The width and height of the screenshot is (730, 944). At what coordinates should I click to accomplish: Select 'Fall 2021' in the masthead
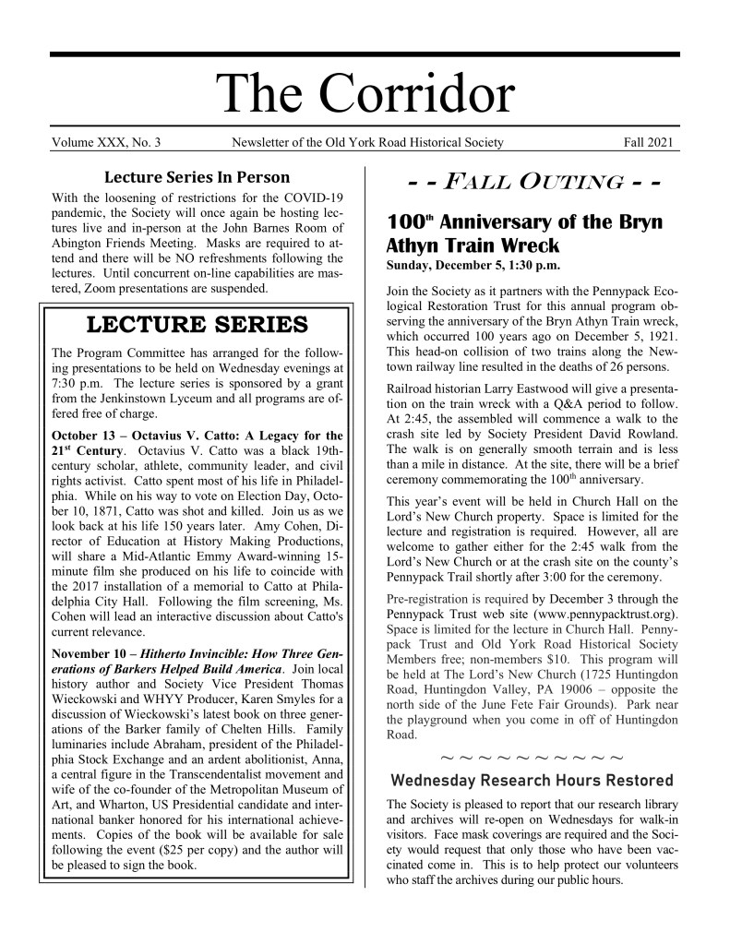click(x=651, y=143)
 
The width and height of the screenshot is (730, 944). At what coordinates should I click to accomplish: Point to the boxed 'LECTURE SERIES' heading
click(x=197, y=325)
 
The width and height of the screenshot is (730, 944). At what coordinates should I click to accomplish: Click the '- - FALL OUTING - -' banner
click(x=523, y=182)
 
